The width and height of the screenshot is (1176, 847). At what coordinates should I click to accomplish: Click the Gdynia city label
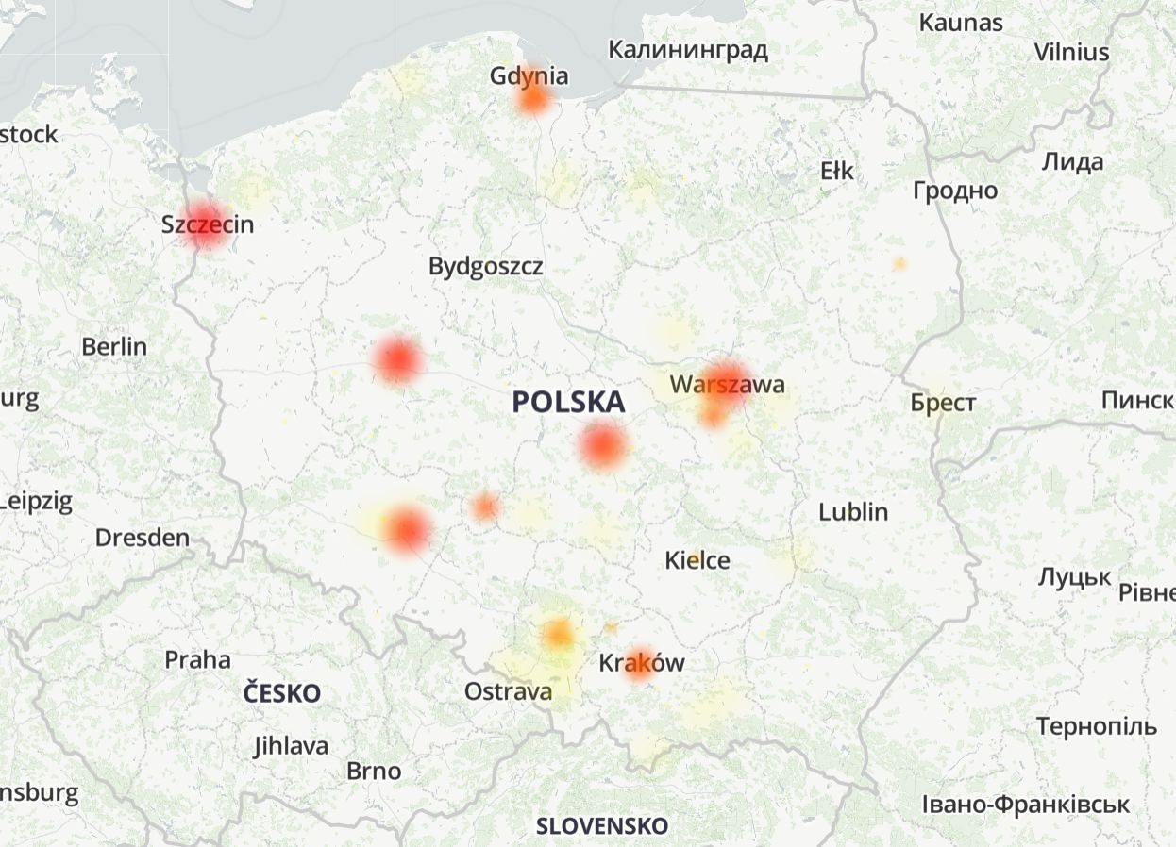tap(529, 75)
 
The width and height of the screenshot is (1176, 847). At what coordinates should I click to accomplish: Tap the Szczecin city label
tap(208, 224)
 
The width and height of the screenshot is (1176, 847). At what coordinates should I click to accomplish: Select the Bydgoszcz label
tap(485, 266)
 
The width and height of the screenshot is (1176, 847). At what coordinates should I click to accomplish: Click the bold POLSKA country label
tap(568, 403)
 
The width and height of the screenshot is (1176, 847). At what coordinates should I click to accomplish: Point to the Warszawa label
tap(727, 385)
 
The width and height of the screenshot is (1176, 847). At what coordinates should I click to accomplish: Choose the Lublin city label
tap(853, 512)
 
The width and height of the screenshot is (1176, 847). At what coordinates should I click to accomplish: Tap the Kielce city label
tap(697, 560)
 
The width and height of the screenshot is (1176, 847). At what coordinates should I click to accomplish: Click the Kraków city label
tap(642, 663)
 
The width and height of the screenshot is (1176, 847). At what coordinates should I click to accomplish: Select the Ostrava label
tap(508, 692)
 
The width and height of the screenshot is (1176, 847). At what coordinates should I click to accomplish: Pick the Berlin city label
tap(114, 346)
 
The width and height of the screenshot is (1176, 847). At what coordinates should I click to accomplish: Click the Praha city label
tap(197, 659)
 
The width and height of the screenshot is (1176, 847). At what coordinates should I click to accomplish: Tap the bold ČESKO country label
tap(281, 694)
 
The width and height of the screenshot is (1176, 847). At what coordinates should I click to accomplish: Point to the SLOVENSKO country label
tap(602, 826)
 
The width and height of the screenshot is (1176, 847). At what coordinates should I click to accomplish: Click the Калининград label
tap(687, 49)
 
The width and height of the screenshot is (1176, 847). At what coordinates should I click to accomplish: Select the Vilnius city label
tap(1071, 52)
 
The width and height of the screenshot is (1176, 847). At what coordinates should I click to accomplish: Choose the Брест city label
tap(943, 404)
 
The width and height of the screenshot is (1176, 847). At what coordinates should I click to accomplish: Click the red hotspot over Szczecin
tap(206, 224)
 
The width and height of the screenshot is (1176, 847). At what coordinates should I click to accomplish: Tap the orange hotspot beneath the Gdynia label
tap(533, 98)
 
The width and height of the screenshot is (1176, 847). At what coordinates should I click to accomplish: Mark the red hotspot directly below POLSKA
tap(602, 445)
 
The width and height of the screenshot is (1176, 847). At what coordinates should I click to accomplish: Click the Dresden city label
tap(143, 539)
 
